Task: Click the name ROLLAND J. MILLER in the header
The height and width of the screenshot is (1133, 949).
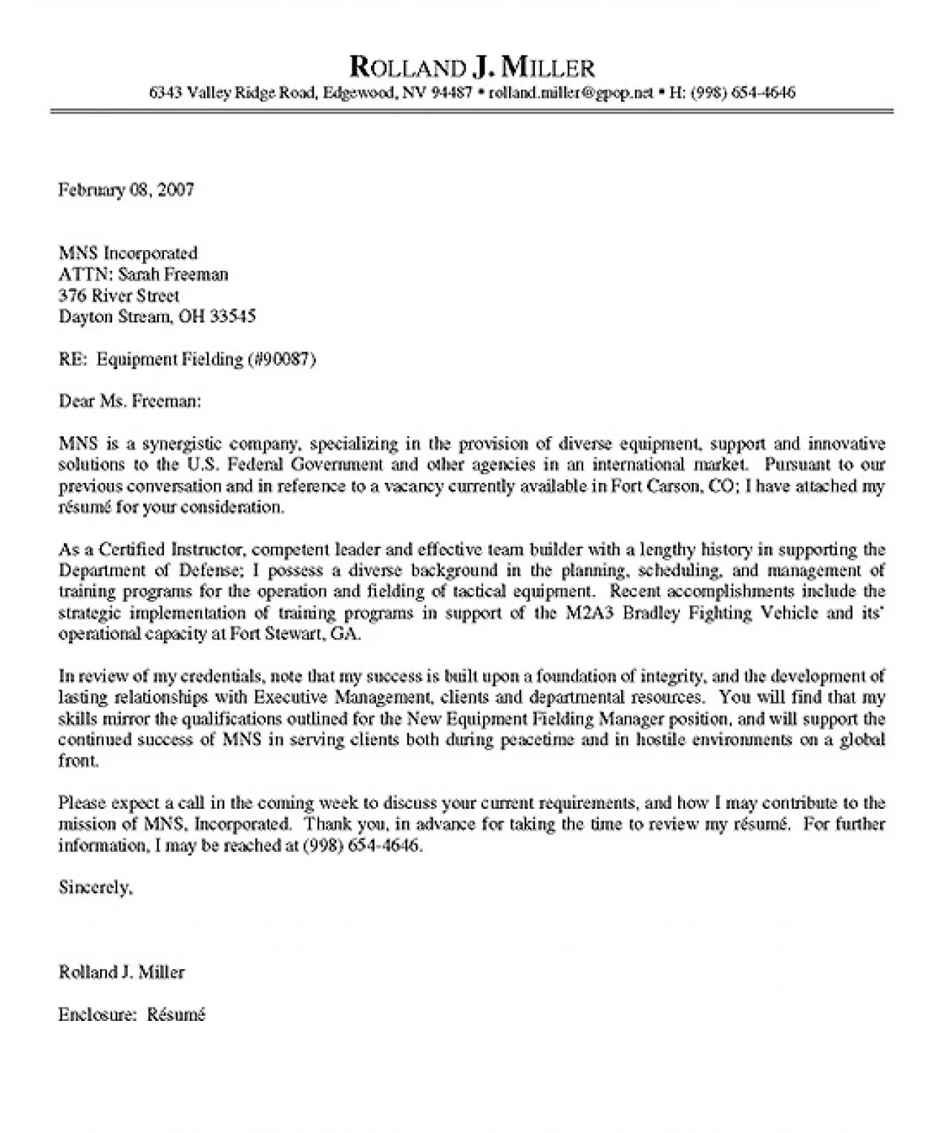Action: point(472,68)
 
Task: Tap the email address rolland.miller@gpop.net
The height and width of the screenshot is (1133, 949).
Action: point(571,93)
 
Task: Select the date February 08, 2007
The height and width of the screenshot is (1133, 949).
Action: point(126,190)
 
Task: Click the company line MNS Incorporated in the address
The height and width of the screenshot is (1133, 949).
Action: point(128,254)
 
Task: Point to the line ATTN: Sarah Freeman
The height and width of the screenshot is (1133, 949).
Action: point(143,275)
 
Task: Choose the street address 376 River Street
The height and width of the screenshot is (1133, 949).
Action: point(119,296)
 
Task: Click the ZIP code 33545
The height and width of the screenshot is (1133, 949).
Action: point(233,317)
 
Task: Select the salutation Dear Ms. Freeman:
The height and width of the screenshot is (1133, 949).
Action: point(130,401)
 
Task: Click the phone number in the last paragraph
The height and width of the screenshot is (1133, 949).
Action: point(363,846)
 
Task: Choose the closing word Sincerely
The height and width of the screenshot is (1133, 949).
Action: point(95,888)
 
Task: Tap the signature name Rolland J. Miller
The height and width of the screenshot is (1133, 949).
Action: point(122,972)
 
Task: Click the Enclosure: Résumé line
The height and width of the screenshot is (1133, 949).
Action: point(131,1014)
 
